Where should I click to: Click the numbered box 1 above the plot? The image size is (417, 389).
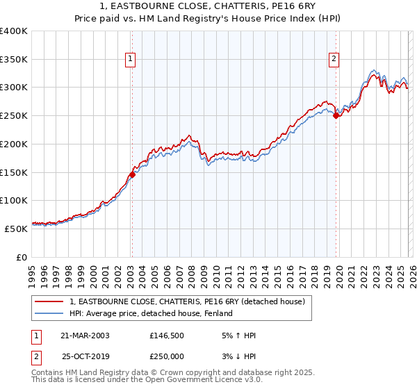click(131, 60)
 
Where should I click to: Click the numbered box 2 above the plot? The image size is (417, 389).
click(334, 60)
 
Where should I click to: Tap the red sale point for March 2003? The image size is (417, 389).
click(132, 174)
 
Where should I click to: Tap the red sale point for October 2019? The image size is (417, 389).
click(336, 116)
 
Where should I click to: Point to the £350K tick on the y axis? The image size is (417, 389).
click(14, 60)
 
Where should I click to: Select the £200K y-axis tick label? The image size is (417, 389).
click(14, 144)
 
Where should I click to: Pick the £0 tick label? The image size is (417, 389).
click(22, 257)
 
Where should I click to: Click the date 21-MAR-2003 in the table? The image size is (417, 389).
click(84, 336)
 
